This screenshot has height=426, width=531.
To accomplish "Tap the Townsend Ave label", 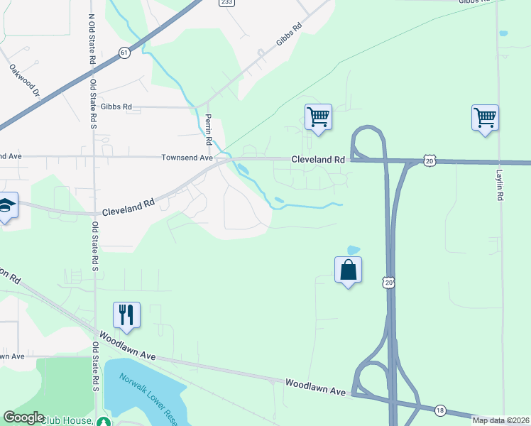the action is (x=187, y=158).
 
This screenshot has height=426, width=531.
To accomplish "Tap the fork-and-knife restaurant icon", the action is (x=126, y=315).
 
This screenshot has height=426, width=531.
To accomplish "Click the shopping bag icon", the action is (x=348, y=270).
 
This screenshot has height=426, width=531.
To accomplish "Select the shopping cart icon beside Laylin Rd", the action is (x=485, y=118).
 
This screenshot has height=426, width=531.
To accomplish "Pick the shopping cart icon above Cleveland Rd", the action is (x=318, y=118).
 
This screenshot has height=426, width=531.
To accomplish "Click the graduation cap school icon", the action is (x=6, y=206).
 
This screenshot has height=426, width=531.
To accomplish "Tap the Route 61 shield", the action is (x=125, y=53).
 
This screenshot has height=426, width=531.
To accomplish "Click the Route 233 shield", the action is (x=226, y=3).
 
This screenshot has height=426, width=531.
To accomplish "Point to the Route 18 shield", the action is (x=440, y=410).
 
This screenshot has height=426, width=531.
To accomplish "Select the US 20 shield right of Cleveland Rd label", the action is (x=429, y=161).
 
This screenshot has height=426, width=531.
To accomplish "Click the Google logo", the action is (x=23, y=417).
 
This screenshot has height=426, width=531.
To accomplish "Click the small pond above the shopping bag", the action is (x=352, y=250).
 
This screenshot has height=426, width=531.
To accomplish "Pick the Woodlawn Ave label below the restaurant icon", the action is (x=126, y=343).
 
